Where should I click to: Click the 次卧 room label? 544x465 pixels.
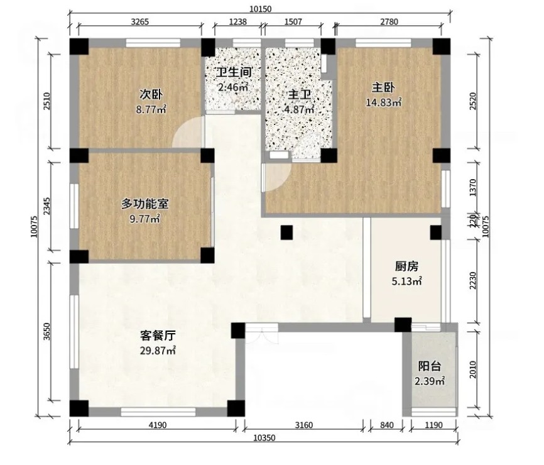pos(151,94)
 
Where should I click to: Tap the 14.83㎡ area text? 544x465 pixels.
pos(384,102)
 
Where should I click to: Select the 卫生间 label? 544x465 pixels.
pos(234,72)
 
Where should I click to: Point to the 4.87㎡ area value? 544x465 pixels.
pos(300,109)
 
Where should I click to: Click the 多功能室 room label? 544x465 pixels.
pos(145,204)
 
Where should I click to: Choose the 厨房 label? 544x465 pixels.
pos(406,266)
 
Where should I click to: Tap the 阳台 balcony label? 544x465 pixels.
pos(430,366)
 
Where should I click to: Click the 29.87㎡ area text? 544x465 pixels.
pos(158,351)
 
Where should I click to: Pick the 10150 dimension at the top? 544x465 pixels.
pos(260,9)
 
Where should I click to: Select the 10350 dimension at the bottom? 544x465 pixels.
pos(264,438)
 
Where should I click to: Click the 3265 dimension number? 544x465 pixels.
pos(140,21)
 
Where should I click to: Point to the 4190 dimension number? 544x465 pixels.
pos(158,425)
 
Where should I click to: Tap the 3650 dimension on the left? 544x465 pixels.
pos(47,331)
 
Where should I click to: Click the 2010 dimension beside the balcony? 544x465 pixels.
pos(472,369)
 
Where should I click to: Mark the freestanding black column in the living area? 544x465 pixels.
pos(287,232)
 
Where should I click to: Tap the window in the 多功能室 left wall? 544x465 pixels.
pos(74,205)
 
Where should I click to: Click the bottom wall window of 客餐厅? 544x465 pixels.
pos(158,412)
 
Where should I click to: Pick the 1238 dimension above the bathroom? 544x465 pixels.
pos(238,21)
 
